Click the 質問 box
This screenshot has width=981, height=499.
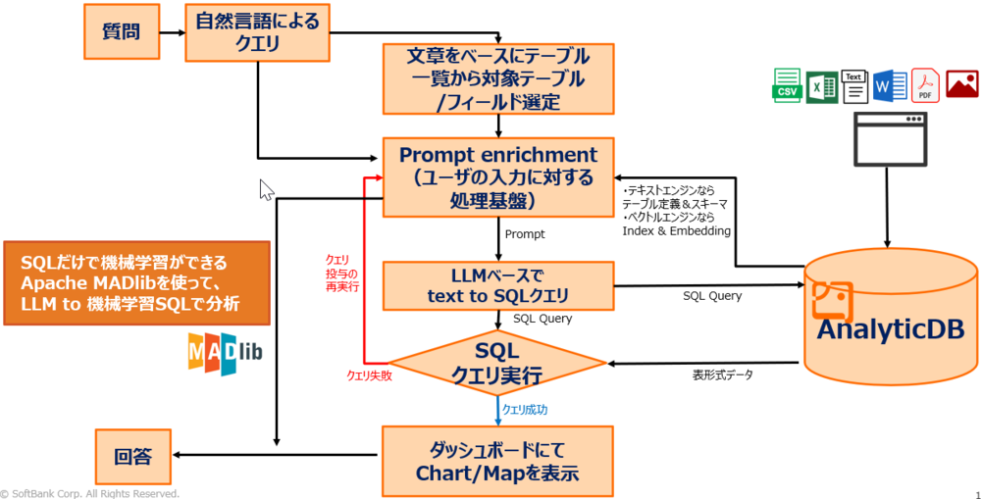[120, 31]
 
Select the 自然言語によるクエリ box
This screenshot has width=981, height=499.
[258, 30]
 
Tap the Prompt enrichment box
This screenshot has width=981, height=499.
[499, 177]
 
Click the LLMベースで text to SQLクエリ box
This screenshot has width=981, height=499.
[499, 285]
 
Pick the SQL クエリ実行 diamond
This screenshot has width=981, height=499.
[499, 363]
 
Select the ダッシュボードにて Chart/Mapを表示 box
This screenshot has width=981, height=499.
[499, 461]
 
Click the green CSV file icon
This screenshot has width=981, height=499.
[787, 85]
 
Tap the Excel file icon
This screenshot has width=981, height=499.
[820, 86]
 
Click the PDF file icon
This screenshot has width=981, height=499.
[926, 85]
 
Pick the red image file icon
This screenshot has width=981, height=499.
[961, 85]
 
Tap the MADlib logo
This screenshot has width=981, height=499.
[225, 354]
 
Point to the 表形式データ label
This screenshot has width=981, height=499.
[724, 374]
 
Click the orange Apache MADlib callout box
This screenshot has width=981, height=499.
[135, 284]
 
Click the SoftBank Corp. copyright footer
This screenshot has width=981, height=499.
[90, 493]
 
